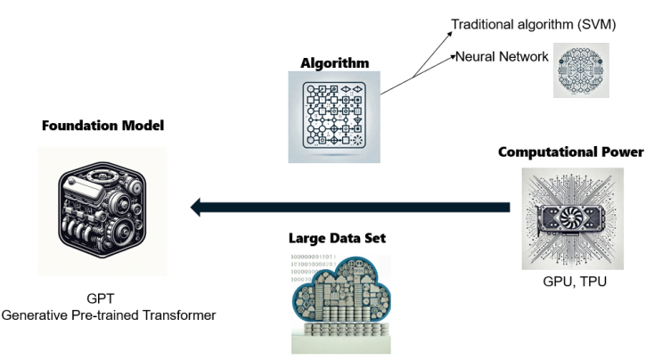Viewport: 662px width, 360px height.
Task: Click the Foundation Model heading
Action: pyautogui.click(x=102, y=126)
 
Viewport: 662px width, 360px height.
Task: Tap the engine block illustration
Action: pyautogui.click(x=104, y=212)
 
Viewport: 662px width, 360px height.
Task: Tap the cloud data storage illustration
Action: pyautogui.click(x=331, y=303)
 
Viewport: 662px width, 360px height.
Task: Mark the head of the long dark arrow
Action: pyautogui.click(x=194, y=209)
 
